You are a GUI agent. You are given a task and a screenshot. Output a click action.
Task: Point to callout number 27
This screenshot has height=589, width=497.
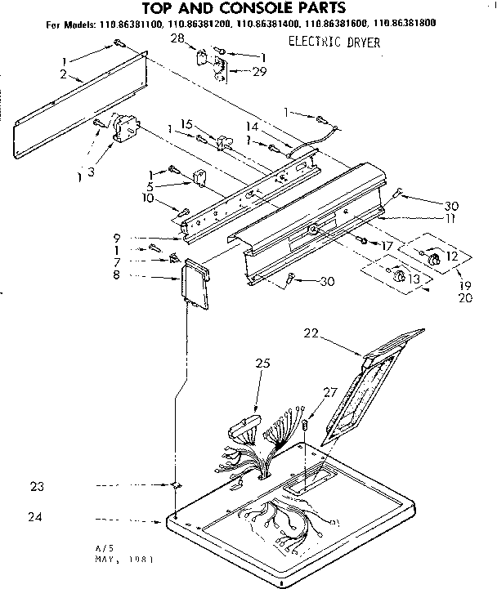coord(330,392)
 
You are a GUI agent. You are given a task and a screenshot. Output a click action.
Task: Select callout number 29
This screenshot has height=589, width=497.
coord(238,73)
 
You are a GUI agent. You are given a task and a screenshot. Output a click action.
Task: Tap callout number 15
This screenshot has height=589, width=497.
coord(186,124)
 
